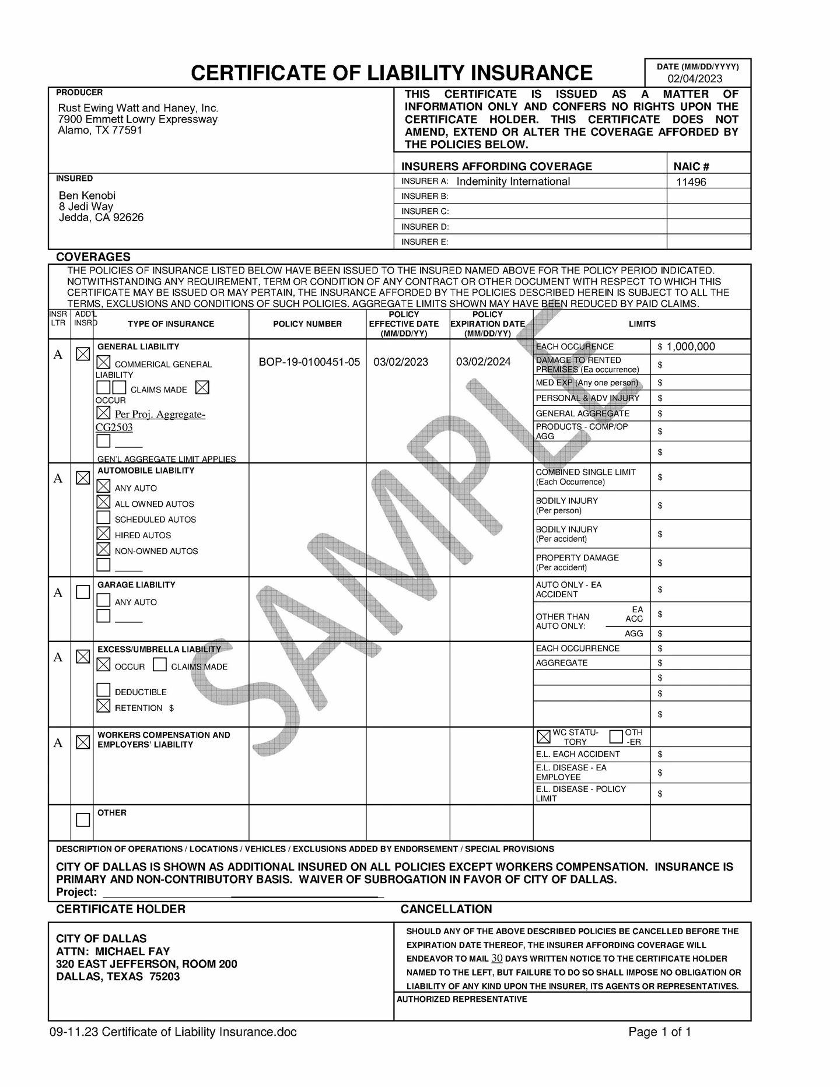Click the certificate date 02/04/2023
pos(695,79)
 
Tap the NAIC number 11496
pos(691,182)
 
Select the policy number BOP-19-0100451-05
pos(309,362)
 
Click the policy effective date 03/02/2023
pos(401,362)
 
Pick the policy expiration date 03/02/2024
pos(483,362)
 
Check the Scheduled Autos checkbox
pos(103,518)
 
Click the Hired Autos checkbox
pos(103,534)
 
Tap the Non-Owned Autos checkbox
pos(103,549)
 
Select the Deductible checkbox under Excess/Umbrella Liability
pos(103,690)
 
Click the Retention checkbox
pos(103,706)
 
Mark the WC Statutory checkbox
pos(543,737)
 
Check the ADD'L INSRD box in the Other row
pos(83,820)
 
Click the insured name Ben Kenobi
pos(87,195)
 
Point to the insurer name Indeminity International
pos(513,181)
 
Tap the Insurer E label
pos(425,242)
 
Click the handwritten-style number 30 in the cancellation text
pos(496,958)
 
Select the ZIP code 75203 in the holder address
pos(164,977)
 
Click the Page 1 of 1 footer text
pos(659,1032)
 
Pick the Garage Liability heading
pos(136,585)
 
